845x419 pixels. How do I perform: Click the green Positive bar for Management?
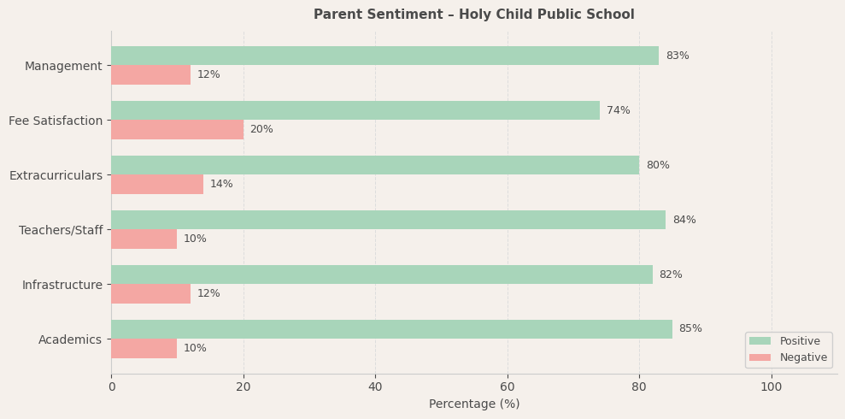tap(384, 56)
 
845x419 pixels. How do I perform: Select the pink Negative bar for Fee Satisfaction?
tap(177, 129)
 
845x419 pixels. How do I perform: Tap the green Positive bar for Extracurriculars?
tap(375, 165)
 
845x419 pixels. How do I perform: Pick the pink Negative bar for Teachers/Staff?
tap(144, 239)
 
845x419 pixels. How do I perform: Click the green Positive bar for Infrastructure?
tap(381, 274)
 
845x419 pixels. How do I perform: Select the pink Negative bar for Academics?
tap(144, 348)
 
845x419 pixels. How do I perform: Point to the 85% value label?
tap(690, 329)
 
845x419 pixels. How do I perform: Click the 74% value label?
tap(618, 110)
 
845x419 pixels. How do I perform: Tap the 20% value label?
tap(261, 129)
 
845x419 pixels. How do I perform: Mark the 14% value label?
tap(221, 184)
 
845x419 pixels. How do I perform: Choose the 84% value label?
tap(684, 220)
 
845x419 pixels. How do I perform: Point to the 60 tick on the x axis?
tap(508, 387)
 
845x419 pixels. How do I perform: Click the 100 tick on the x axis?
tap(772, 387)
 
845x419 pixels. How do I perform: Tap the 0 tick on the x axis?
tap(111, 387)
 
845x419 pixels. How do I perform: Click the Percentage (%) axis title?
tap(474, 404)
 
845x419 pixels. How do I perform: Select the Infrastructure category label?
tap(62, 285)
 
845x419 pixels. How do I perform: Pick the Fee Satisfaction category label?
tap(56, 121)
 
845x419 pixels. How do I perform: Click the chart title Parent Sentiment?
tap(474, 15)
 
